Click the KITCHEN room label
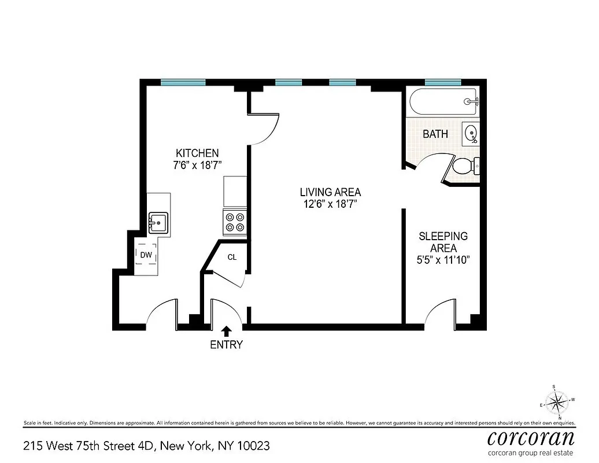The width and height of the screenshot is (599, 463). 197,153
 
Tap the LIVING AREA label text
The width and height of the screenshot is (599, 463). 330,192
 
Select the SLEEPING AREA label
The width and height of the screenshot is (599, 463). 443,242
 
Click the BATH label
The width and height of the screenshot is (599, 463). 435,134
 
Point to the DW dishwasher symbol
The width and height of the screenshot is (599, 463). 146,255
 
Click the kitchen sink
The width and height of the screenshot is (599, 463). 158,222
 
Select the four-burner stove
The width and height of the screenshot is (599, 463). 235,222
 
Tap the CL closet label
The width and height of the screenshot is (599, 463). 231,257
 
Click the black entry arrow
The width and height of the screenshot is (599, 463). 227,331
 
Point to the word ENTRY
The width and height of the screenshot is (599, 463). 226,345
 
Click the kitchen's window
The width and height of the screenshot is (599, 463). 183,82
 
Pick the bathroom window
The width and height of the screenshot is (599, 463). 443,82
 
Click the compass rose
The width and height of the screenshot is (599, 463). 557,401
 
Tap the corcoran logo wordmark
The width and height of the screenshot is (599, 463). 531,436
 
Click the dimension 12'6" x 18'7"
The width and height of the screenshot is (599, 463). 330,204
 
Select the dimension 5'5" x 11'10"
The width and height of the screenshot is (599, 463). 443,260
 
